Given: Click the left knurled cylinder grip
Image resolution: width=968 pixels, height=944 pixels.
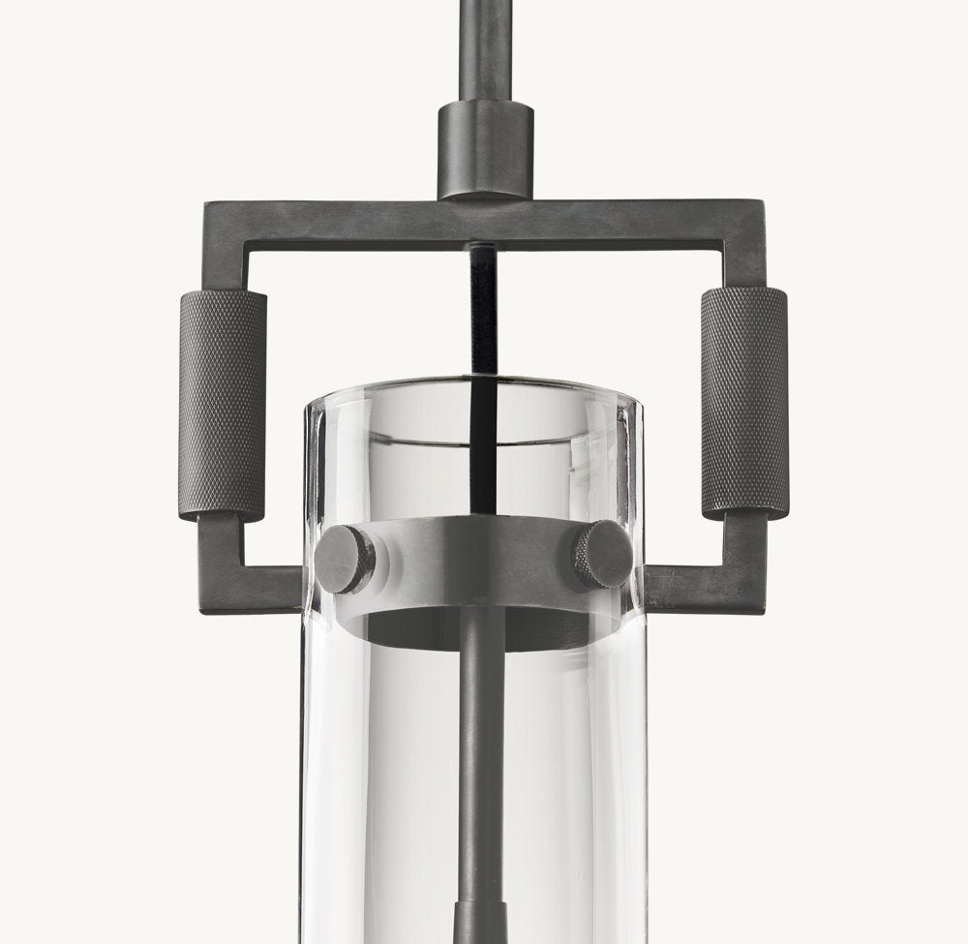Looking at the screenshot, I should tap(222, 405).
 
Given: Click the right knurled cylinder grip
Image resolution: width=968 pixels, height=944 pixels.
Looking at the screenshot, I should tap(743, 402).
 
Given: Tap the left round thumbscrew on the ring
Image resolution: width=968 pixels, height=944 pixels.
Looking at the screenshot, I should tap(345, 559).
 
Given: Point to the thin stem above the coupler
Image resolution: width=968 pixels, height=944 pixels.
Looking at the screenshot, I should tap(485, 48).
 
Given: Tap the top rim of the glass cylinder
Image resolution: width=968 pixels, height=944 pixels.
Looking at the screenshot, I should tap(474, 387).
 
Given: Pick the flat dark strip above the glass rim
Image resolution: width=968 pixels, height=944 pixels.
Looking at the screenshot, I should tap(483, 310).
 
